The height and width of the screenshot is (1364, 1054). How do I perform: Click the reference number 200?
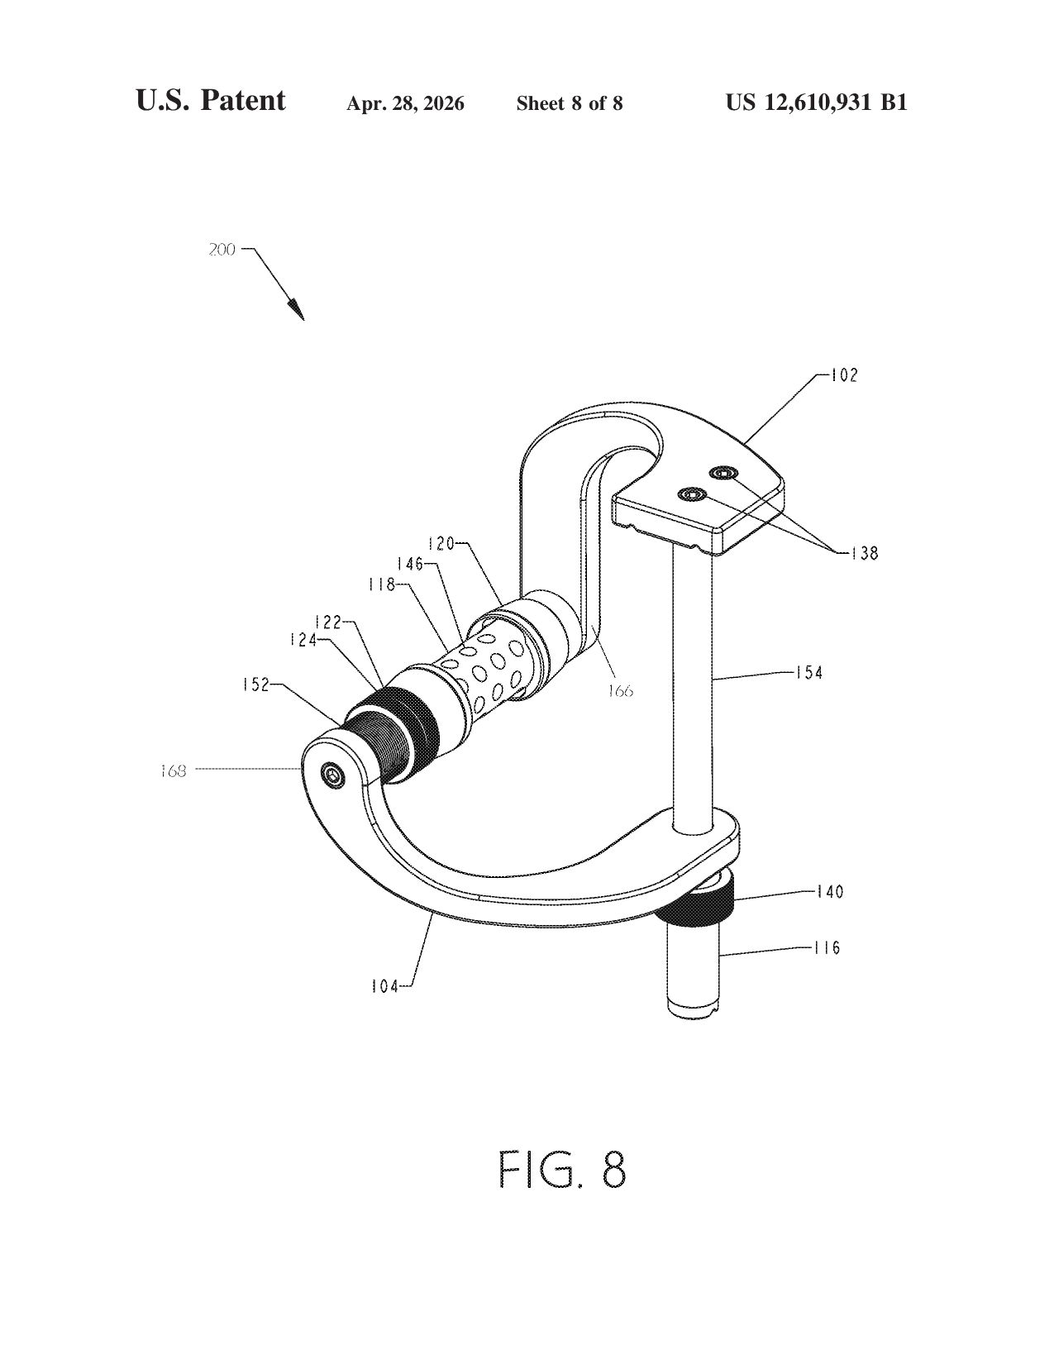pos(222,250)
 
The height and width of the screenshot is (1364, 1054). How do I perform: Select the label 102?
pos(844,375)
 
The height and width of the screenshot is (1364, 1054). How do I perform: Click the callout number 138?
pos(865,553)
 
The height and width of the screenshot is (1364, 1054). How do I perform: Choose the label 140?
pos(829,891)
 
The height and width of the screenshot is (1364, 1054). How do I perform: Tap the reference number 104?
pos(385,987)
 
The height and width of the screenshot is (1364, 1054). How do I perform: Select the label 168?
pos(173,770)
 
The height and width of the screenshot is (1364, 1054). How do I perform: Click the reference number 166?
pos(620,691)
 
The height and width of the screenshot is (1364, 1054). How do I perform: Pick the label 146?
pos(410,564)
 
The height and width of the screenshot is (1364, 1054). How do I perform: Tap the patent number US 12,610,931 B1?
pos(816,103)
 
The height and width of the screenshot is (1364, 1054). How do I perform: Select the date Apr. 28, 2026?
pos(405,103)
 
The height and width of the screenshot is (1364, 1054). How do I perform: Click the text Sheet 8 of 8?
pos(570,103)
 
